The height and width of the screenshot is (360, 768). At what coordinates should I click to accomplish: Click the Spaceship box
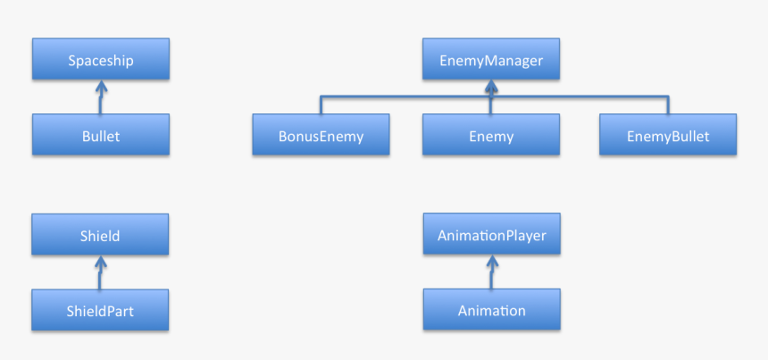(101, 59)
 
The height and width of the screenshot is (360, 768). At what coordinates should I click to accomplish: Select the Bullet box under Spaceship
(101, 135)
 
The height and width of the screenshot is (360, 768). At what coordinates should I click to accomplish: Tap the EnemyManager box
(491, 59)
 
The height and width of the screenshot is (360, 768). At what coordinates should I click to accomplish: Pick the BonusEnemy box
(321, 135)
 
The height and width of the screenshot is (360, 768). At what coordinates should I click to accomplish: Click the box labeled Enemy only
(491, 135)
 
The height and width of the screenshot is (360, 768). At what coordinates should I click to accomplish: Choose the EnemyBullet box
(668, 135)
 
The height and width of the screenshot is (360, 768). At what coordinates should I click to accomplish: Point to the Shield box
(100, 234)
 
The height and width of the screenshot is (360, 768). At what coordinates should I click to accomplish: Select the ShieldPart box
(100, 310)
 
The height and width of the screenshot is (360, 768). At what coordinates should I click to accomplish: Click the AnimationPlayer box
(492, 234)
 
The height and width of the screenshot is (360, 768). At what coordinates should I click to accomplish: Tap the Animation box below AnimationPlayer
(492, 309)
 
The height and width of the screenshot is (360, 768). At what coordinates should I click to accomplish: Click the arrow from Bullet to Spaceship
(101, 97)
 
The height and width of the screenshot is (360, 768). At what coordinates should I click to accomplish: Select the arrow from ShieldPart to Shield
(100, 272)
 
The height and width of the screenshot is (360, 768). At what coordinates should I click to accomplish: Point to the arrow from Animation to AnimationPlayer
(492, 272)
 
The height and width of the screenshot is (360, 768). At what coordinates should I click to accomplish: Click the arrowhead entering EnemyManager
(491, 86)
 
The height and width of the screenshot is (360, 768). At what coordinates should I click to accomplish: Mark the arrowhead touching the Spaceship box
(101, 86)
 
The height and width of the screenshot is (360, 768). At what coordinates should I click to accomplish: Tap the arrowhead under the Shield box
(100, 261)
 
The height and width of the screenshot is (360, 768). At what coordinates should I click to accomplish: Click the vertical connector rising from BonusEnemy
(321, 105)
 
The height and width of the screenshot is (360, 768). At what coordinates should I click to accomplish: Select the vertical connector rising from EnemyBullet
(668, 105)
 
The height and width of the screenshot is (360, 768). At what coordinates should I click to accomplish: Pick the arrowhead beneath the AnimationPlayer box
(492, 261)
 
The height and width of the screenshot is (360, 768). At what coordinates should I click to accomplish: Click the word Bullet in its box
(101, 136)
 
